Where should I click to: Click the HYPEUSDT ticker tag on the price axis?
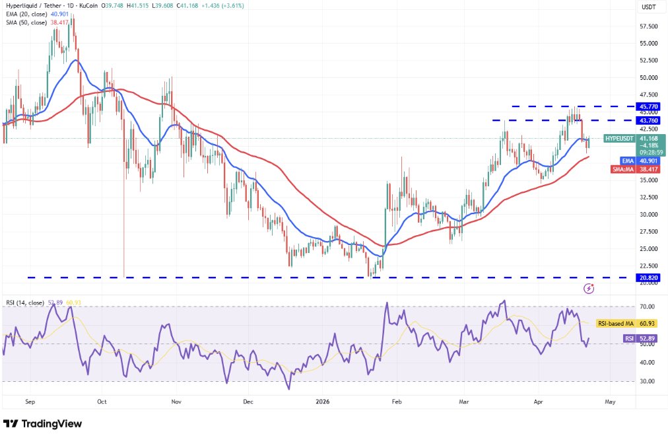[x=619, y=138]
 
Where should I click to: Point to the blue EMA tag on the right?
[x=628, y=161]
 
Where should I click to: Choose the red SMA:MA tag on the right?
[x=623, y=169]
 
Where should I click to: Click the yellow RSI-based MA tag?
[x=615, y=324]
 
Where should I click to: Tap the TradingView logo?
[x=43, y=423]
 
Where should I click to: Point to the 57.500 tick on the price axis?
[x=648, y=26]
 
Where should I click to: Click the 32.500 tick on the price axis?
[x=648, y=198]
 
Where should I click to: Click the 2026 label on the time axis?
[x=322, y=400]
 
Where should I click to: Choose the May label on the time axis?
[x=610, y=400]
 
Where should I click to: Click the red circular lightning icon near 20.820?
[x=589, y=289]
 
